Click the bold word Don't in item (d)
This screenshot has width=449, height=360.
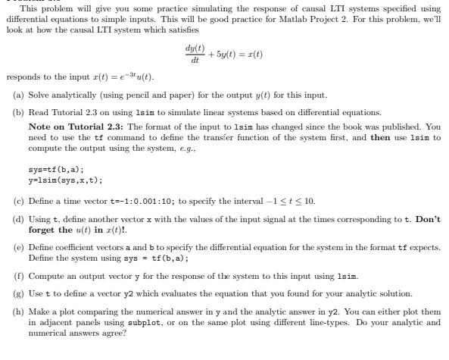tap(426, 218)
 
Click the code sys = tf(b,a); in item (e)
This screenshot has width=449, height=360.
tap(142, 257)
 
